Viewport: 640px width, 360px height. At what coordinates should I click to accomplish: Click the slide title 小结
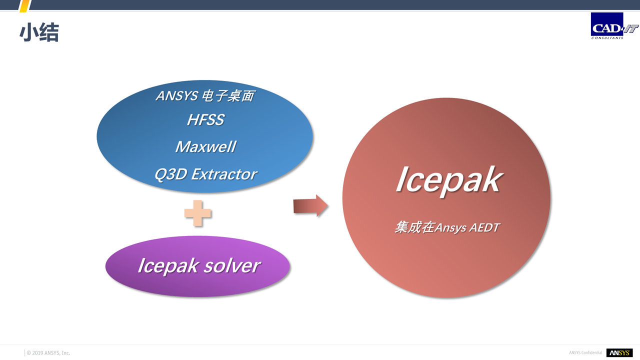[39, 32]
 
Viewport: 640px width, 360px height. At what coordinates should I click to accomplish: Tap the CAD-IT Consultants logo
[614, 25]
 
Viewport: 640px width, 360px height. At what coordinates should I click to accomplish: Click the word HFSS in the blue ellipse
[205, 119]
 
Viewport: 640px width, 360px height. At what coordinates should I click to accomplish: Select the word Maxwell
[205, 147]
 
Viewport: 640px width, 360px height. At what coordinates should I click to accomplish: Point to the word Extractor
[224, 174]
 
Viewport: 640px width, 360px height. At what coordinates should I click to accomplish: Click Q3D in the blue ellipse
[170, 174]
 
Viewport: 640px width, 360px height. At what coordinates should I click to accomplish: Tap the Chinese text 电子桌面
[227, 95]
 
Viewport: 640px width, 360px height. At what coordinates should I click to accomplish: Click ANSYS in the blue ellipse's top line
[177, 95]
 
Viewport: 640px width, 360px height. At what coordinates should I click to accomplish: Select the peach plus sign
[197, 213]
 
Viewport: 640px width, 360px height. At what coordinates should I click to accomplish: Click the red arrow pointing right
[310, 205]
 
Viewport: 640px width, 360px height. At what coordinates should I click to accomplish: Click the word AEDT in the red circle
[484, 227]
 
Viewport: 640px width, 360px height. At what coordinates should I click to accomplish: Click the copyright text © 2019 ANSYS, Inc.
[48, 353]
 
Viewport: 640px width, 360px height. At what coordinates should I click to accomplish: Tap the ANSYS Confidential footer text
[585, 353]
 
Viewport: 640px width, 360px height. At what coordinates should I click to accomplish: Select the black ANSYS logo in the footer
[619, 353]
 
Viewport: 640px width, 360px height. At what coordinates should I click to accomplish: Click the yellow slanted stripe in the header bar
[25, 5]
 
